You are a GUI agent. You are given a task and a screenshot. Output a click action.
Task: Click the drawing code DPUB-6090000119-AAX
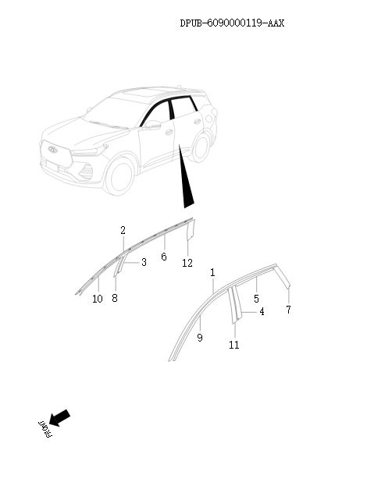click(x=232, y=23)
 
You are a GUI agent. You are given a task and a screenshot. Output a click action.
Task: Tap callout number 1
click(x=212, y=272)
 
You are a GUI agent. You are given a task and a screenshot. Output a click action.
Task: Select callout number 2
click(x=123, y=230)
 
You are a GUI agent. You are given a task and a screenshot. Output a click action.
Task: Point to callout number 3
click(x=144, y=263)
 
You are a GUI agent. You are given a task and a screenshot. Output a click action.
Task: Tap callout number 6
click(x=164, y=257)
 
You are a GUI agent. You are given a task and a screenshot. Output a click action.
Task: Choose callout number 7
click(x=288, y=310)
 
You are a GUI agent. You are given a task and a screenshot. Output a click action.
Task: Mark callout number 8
click(x=115, y=298)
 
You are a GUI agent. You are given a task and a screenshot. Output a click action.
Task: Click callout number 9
click(x=200, y=338)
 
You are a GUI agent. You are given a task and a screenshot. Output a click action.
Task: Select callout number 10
click(x=97, y=299)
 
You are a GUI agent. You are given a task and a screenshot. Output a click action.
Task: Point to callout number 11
click(x=234, y=345)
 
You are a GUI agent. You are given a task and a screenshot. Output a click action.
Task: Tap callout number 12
click(x=187, y=263)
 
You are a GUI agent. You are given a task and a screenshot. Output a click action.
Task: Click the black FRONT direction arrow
click(x=59, y=418)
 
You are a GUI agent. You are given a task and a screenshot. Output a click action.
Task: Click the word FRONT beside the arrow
click(x=44, y=429)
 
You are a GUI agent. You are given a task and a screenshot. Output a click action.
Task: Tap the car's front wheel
click(x=120, y=175)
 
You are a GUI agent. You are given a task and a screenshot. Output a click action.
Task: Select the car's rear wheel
click(x=201, y=146)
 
